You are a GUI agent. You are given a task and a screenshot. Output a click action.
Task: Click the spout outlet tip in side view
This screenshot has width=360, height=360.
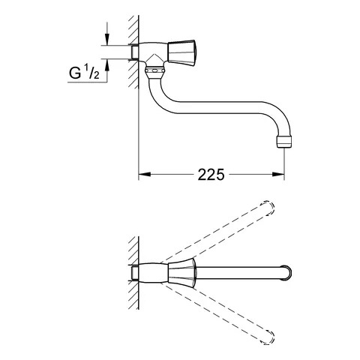[x=284, y=140]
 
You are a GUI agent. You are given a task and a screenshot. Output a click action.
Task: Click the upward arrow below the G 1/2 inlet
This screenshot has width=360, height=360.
[x=106, y=69]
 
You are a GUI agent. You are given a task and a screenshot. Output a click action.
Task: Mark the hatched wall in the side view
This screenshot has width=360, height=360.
[x=133, y=45]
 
